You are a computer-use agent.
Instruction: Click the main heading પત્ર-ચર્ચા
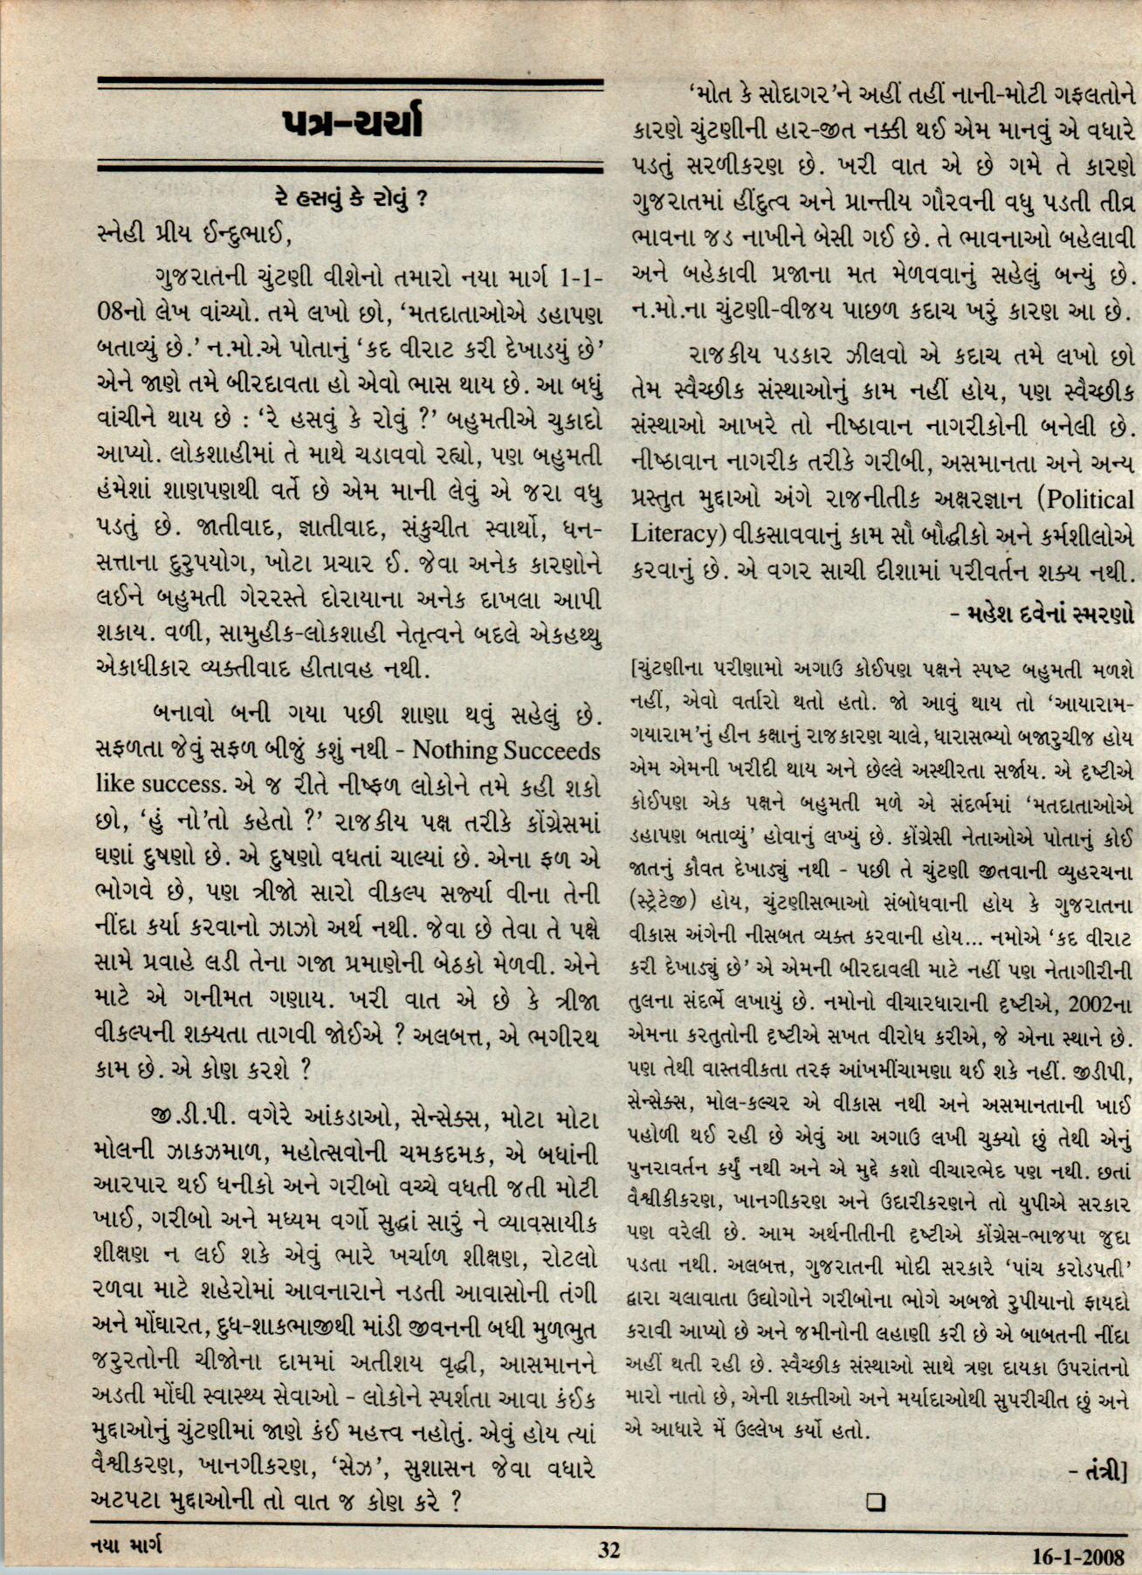pos(351,124)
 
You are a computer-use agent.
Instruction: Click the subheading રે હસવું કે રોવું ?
pos(350,198)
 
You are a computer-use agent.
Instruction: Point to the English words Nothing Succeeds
pos(506,750)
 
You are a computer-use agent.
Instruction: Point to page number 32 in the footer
pos(609,1550)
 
